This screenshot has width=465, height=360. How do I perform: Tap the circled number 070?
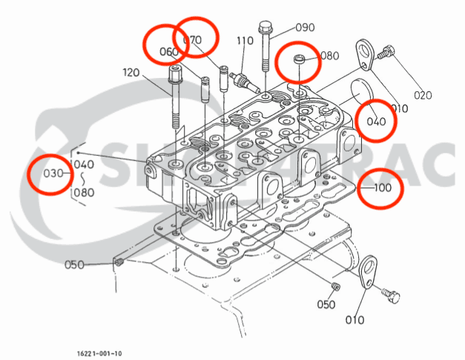click(192, 39)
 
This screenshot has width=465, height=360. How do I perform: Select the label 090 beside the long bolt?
click(305, 27)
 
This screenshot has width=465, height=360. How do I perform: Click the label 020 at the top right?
click(422, 94)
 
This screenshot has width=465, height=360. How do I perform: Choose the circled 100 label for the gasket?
click(382, 188)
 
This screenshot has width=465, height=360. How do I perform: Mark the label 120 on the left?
click(131, 73)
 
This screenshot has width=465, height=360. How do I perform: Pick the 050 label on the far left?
click(74, 265)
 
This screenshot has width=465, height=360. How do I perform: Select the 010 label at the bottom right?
click(354, 321)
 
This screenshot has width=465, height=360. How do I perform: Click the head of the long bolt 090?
click(265, 28)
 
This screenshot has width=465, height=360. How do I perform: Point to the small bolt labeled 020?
click(386, 53)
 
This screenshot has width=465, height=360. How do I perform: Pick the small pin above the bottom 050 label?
click(335, 287)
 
